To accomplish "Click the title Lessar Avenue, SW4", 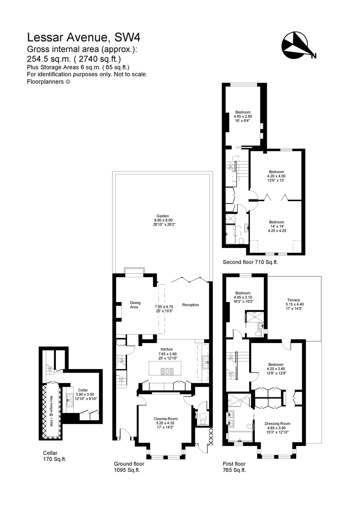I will pyautogui.click(x=84, y=38).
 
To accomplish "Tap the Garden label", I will pyautogui.click(x=165, y=216).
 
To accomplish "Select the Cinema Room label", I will pyautogui.click(x=165, y=419).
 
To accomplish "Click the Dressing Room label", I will pyautogui.click(x=277, y=424).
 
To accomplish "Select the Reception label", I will pyautogui.click(x=191, y=305).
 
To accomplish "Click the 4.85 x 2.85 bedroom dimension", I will pyautogui.click(x=243, y=117).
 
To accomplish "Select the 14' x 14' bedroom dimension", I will pyautogui.click(x=276, y=226).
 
